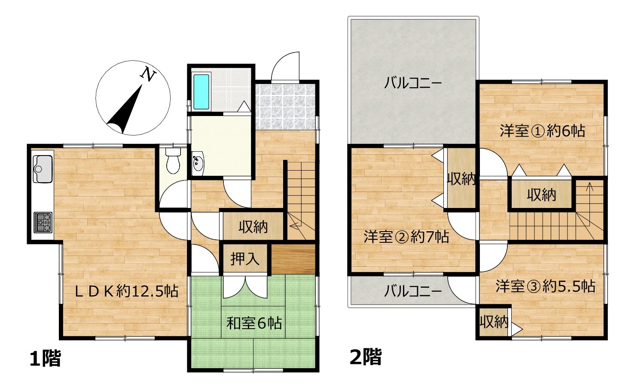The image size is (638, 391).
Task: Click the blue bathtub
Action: pyautogui.click(x=201, y=92)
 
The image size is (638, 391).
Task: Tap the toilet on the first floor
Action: pyautogui.click(x=173, y=160)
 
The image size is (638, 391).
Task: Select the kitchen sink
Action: pyautogui.click(x=43, y=169)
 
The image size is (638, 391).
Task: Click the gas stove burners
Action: pyautogui.click(x=43, y=222)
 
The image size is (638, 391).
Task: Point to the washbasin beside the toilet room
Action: pyautogui.click(x=198, y=164)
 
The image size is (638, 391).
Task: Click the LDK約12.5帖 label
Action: pyautogui.click(x=127, y=291)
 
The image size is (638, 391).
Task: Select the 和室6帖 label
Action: pyautogui.click(x=254, y=323)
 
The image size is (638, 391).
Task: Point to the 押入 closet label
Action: pyautogui.click(x=244, y=259)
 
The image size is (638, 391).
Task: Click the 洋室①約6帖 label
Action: pyautogui.click(x=543, y=131)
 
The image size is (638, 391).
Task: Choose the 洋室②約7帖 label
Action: pyautogui.click(x=406, y=237)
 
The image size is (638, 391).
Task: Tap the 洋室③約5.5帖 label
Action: pyautogui.click(x=546, y=286)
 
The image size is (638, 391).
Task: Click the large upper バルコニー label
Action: pyautogui.click(x=413, y=83)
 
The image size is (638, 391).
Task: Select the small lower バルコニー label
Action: pyautogui.click(x=413, y=291)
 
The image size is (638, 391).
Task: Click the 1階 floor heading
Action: pyautogui.click(x=45, y=358)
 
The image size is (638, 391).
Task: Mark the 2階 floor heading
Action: pyautogui.click(x=366, y=357)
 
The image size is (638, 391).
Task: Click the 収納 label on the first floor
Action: pyautogui.click(x=253, y=227)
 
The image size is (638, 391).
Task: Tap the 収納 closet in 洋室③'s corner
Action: pyautogui.click(x=494, y=322)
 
